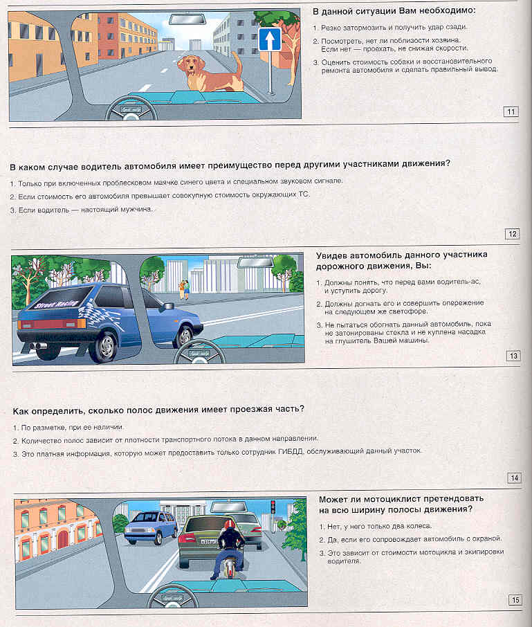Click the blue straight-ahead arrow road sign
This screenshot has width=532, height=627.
click(269, 39)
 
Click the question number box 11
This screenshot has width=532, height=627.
click(511, 111)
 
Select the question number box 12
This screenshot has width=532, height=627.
click(512, 234)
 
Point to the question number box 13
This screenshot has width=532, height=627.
click(513, 356)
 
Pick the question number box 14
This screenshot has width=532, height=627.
click(513, 478)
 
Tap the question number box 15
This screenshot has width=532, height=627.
click(515, 600)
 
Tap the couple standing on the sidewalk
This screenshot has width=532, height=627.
click(185, 288)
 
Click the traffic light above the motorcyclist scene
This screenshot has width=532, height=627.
click(273, 507)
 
